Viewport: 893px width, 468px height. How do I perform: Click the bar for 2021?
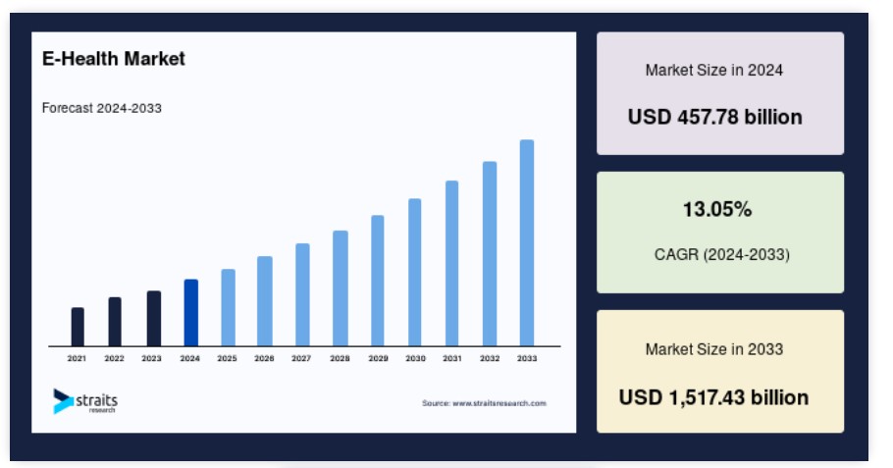pos(78,327)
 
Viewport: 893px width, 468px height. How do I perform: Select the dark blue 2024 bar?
pos(190,313)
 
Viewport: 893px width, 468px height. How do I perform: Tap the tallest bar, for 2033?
pos(527,242)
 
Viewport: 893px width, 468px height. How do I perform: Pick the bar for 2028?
pos(340,288)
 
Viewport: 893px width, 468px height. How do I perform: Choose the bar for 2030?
pos(414,272)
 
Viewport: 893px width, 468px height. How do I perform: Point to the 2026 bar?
pos(264,301)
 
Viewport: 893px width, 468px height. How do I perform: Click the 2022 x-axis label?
pos(114,358)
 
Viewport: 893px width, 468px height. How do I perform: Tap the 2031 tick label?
pos(452,358)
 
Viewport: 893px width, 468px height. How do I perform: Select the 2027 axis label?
pos(301,358)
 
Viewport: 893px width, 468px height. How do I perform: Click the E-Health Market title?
pos(113,59)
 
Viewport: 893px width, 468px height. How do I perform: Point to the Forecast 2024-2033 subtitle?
pos(102,108)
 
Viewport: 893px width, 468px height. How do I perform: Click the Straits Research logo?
pos(85,401)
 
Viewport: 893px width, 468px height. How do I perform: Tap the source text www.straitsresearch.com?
pos(499,403)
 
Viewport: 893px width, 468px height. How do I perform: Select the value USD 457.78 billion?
pos(714,117)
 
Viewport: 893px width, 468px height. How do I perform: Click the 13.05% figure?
pos(717,210)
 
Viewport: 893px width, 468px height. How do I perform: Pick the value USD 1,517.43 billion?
pos(713,396)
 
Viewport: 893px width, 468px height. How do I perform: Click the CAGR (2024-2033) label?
pos(721,254)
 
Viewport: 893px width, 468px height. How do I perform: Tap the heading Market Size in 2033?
pos(714,349)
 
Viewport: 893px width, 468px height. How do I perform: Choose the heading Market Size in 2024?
pos(714,70)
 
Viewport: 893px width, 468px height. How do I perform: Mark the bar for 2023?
pos(154,319)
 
